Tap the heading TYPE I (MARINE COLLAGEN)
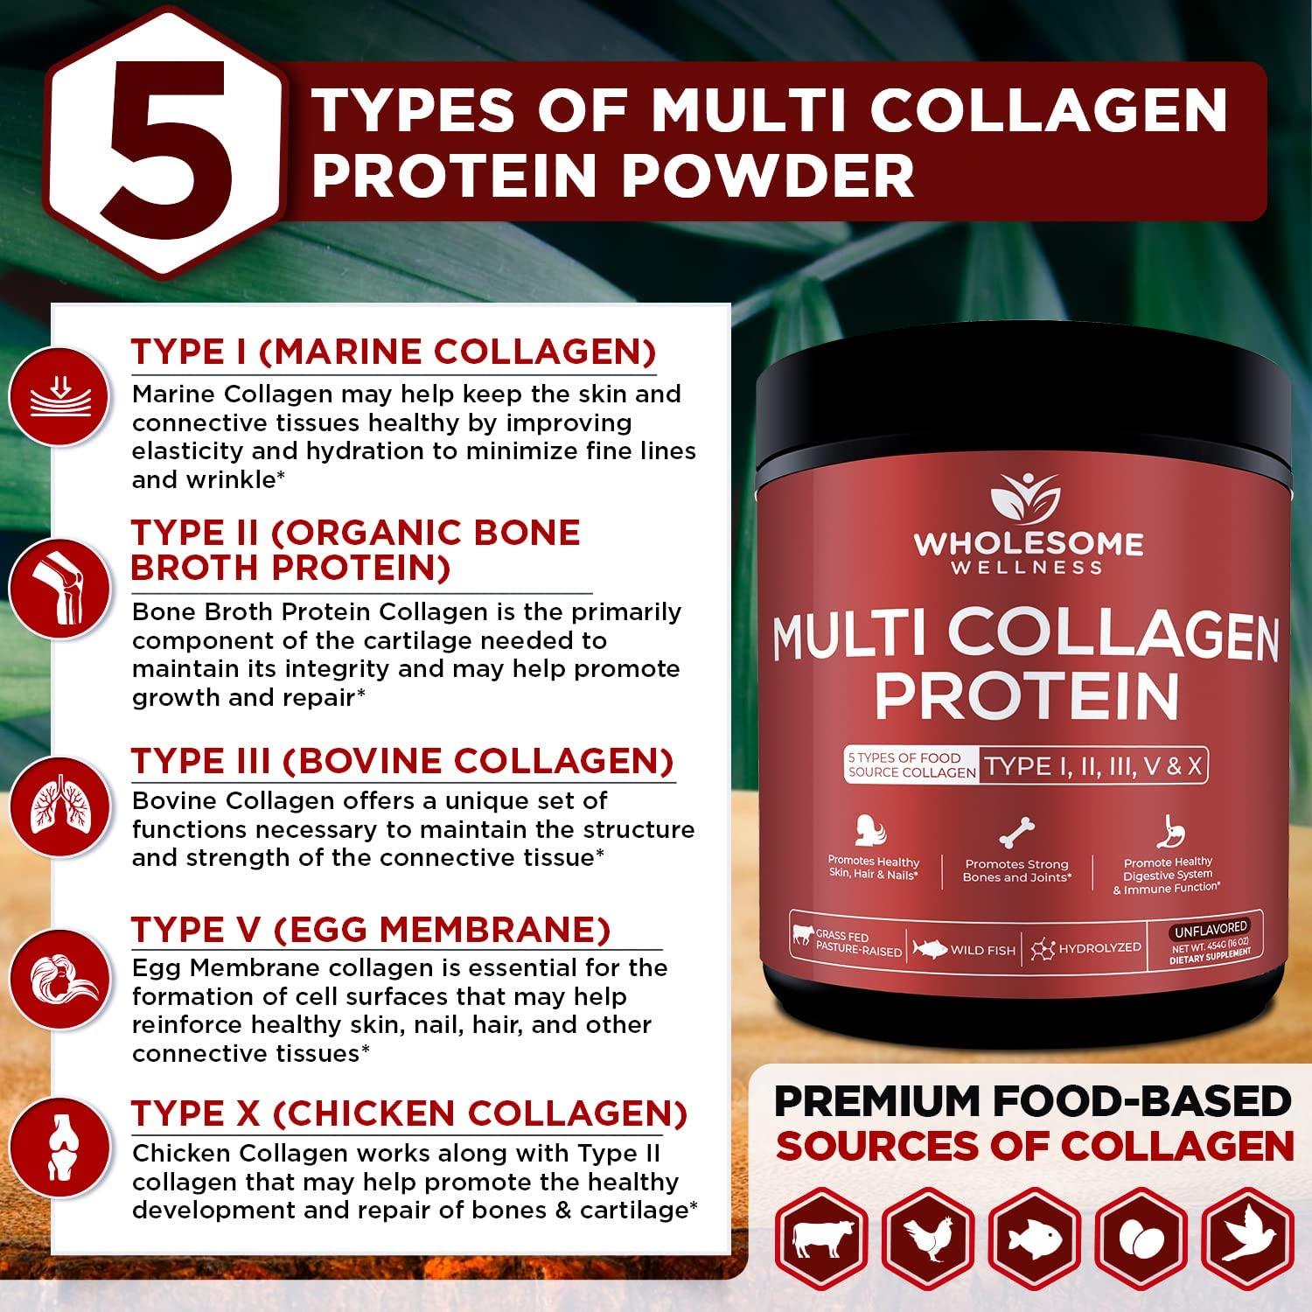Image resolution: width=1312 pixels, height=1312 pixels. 394,352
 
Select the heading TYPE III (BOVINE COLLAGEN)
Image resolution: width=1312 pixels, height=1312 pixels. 402,761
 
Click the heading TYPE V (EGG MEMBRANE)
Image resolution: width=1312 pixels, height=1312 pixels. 371,930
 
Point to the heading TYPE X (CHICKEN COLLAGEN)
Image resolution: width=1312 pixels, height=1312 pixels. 409,1113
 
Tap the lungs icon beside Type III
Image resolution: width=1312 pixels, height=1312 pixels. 59,807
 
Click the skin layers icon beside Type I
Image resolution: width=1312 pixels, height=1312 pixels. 59,396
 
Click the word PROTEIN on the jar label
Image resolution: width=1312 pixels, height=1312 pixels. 1026,695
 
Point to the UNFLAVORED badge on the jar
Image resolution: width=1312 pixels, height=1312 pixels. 1211,927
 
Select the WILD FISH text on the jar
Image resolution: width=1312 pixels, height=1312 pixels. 982,950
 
